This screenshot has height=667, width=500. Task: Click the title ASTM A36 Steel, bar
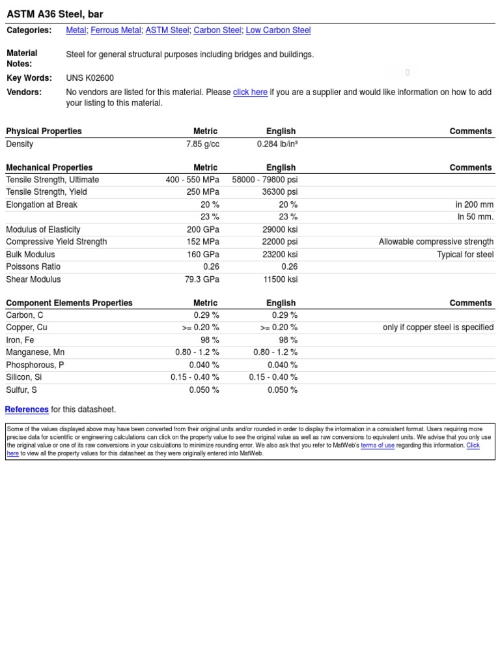pyautogui.click(x=55, y=14)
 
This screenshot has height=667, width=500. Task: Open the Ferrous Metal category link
pyautogui.click(x=116, y=31)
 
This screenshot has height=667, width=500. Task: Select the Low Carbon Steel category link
pyautogui.click(x=278, y=31)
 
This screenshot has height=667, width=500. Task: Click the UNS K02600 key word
pyautogui.click(x=90, y=78)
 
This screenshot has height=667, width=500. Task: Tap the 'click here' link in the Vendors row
pyautogui.click(x=250, y=92)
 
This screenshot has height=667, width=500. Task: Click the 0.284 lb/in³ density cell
pyautogui.click(x=277, y=144)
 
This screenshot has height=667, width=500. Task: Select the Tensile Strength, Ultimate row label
pyautogui.click(x=53, y=180)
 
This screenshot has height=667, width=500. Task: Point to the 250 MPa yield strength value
pyautogui.click(x=202, y=192)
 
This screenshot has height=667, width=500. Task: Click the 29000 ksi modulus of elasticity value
pyautogui.click(x=280, y=229)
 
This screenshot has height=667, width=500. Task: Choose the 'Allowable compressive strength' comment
pyautogui.click(x=436, y=242)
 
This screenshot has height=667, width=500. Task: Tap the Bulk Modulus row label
pyautogui.click(x=31, y=255)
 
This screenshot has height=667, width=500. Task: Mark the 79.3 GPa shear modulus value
pyautogui.click(x=202, y=279)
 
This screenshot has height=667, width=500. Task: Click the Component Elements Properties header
pyautogui.click(x=69, y=303)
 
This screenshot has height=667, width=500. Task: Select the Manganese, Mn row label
pyautogui.click(x=35, y=352)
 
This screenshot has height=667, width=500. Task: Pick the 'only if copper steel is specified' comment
pyautogui.click(x=437, y=328)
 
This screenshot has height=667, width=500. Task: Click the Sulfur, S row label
pyautogui.click(x=21, y=390)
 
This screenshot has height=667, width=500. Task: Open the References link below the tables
pyautogui.click(x=27, y=410)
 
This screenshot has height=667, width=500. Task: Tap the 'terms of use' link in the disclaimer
pyautogui.click(x=378, y=446)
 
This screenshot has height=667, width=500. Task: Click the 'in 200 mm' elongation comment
pyautogui.click(x=474, y=205)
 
